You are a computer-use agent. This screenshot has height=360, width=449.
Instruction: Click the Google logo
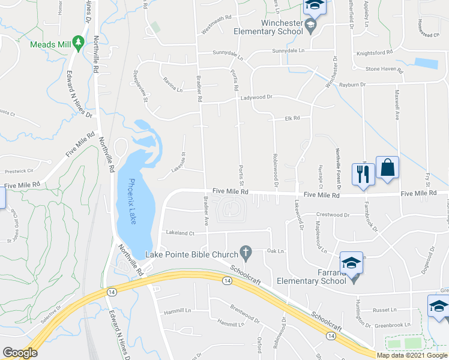tap(20, 353)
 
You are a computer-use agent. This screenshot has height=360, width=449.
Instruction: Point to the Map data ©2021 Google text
tap(412, 355)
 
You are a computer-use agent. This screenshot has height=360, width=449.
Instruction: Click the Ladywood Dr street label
tap(256, 97)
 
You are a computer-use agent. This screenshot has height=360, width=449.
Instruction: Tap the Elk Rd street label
tap(292, 118)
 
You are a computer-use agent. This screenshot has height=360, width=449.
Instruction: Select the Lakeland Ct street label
tap(181, 232)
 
